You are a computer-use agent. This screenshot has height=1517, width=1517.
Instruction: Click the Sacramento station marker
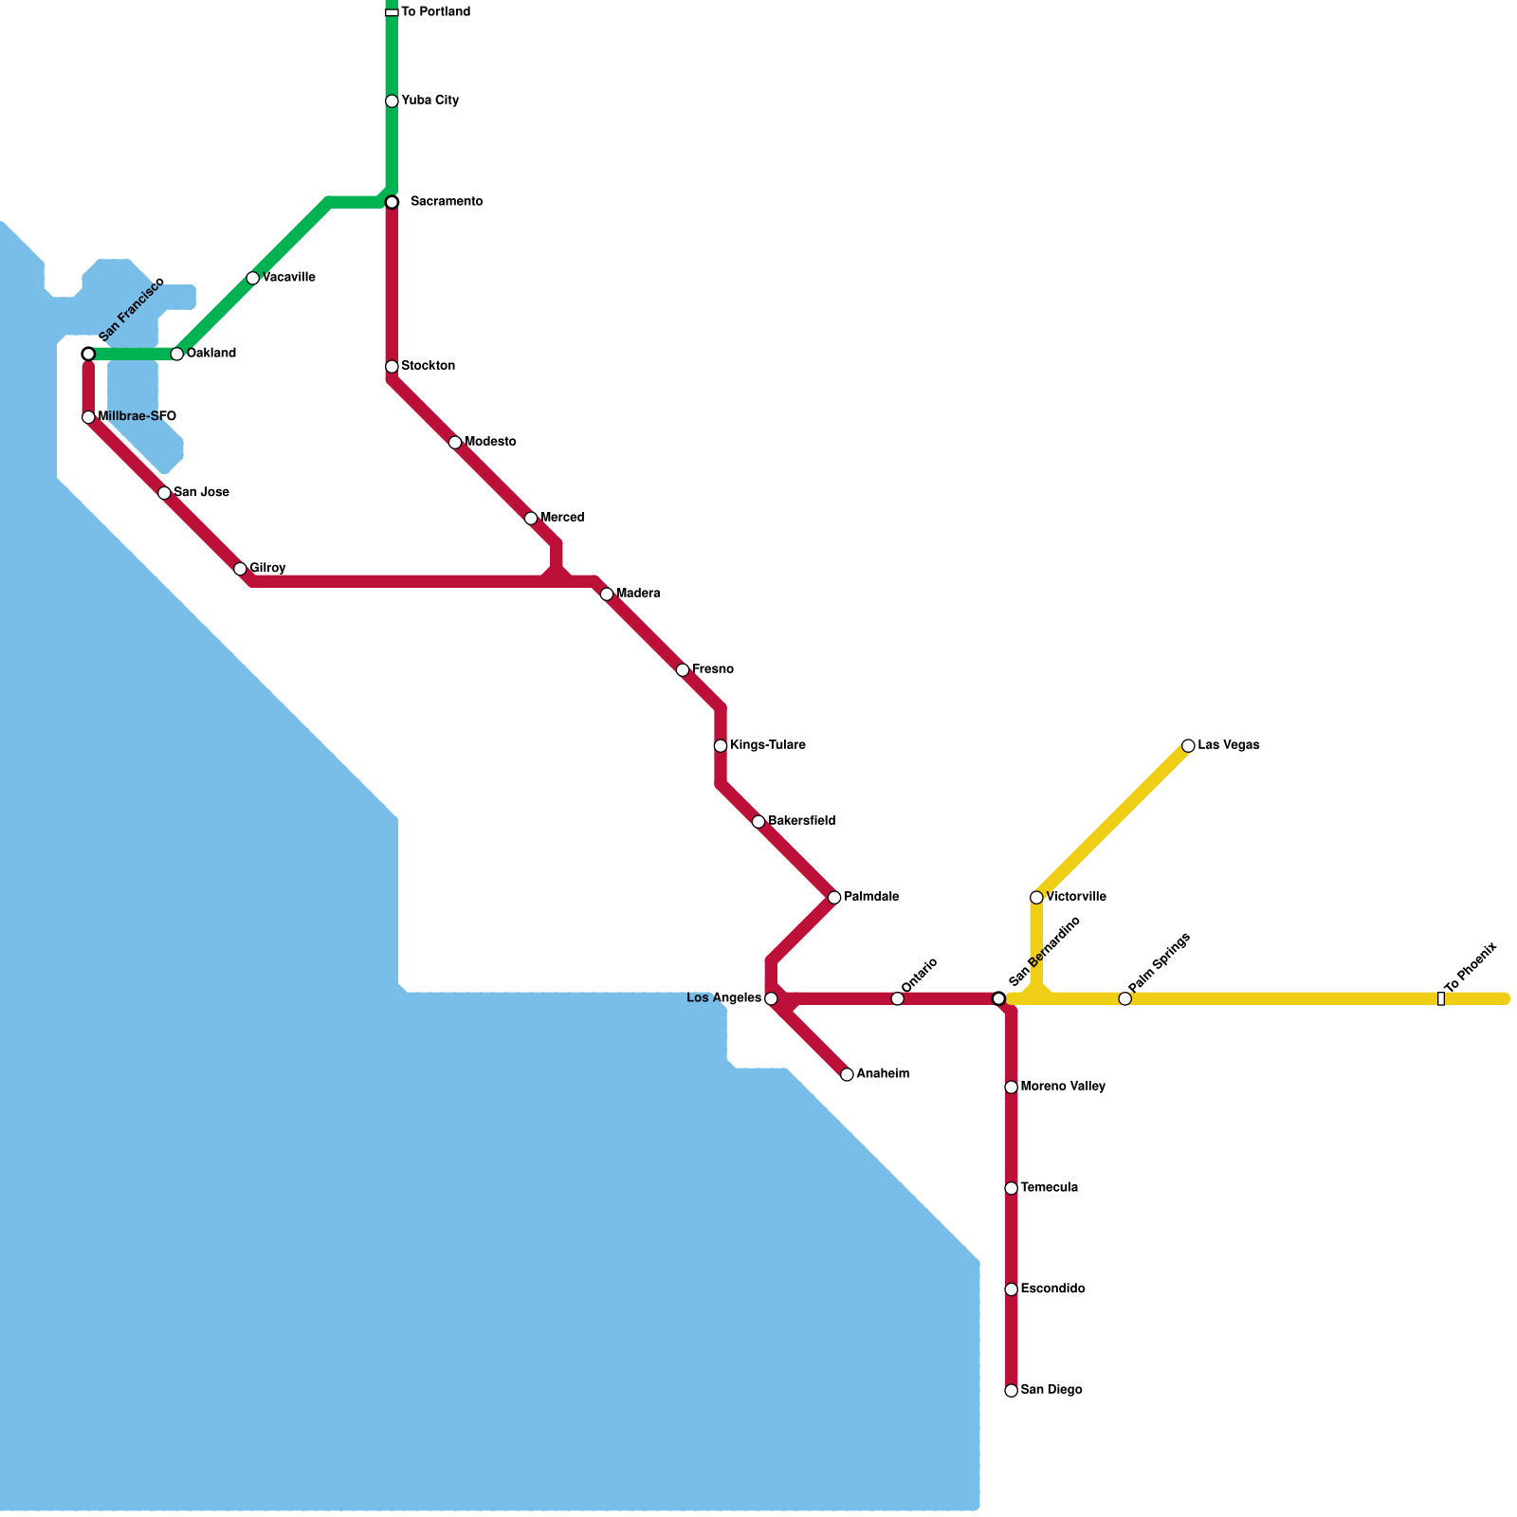tap(392, 202)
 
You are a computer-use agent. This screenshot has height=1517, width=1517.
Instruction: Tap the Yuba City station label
tap(430, 101)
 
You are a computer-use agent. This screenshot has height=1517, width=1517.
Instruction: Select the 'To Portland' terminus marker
tap(392, 12)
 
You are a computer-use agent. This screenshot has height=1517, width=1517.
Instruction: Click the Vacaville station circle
tap(252, 278)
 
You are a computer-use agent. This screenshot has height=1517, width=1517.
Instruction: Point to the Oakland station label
tap(210, 354)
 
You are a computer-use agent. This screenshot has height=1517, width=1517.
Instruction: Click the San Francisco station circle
tap(88, 354)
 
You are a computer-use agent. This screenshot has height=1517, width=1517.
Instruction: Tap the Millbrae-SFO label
tap(137, 416)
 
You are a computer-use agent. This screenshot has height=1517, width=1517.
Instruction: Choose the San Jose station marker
tap(164, 493)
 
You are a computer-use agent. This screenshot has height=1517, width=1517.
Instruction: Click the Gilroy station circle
tap(240, 569)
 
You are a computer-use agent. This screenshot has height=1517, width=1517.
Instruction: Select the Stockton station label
tap(428, 366)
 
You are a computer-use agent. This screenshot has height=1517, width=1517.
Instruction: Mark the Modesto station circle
tap(455, 443)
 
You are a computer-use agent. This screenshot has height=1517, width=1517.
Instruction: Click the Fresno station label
tap(712, 669)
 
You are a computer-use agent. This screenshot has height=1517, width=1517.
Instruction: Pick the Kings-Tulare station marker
tap(721, 746)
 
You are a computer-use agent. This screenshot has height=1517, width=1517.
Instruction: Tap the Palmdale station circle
tap(834, 898)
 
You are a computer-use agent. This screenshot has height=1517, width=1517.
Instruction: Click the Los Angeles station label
tap(723, 998)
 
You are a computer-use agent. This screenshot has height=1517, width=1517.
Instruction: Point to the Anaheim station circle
tap(847, 1074)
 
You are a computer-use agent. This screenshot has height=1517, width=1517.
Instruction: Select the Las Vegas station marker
tap(1188, 746)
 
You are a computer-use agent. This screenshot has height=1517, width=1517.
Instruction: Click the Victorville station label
tap(1075, 897)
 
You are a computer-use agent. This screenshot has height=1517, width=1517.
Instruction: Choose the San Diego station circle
tap(1012, 1391)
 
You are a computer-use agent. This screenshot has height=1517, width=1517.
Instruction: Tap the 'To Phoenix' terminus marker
tap(1441, 998)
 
